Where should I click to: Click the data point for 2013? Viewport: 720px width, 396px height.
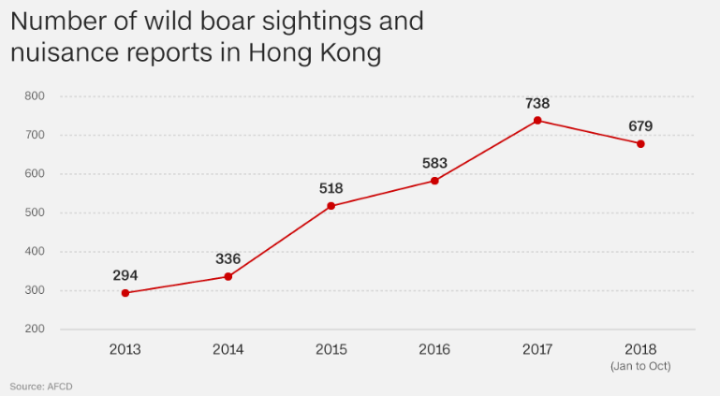pos(125,293)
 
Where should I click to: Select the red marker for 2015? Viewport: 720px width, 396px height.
pos(331,206)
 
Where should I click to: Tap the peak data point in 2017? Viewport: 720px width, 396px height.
pos(537,120)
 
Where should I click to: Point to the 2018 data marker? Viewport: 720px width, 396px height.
pos(640,143)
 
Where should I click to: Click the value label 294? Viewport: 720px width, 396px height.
pos(125,275)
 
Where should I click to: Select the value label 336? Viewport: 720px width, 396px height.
pos(228,258)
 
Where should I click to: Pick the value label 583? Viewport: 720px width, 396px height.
pos(434,163)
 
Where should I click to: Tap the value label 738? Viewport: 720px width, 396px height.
pos(537,103)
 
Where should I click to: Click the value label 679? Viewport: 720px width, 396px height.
pos(640,125)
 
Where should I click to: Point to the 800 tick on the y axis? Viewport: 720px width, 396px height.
pos(35,95)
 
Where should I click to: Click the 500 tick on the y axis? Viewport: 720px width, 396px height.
pos(35,213)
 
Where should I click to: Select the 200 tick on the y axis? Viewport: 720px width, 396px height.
pos(35,330)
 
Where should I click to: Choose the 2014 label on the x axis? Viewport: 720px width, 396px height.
pos(228,349)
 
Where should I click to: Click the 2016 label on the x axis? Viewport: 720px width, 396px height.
pos(434,349)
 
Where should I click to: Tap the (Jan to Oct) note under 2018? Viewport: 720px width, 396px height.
pos(640,364)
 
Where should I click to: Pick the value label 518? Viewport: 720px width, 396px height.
pos(331,188)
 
